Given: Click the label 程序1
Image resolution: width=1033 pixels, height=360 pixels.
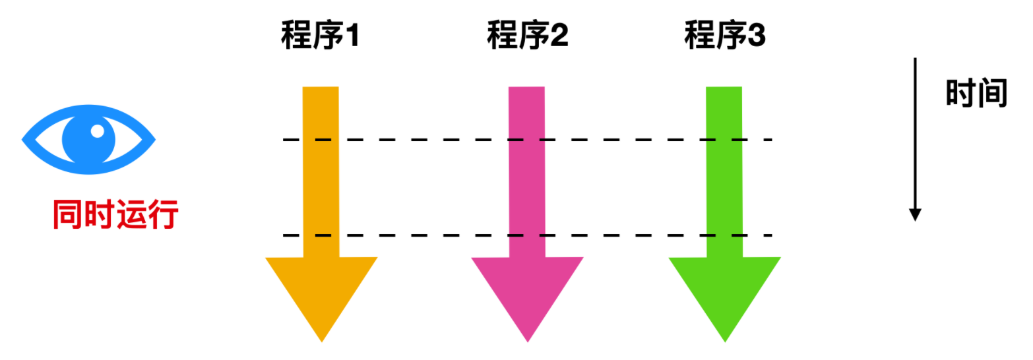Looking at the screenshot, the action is [320, 36].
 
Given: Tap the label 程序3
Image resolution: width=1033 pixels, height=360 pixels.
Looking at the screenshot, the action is [724, 36].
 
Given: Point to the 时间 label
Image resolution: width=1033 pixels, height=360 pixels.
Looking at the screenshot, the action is [977, 94].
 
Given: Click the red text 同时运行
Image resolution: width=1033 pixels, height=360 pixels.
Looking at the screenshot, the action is [115, 215].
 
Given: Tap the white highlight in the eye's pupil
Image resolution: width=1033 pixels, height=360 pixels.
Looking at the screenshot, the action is [98, 131].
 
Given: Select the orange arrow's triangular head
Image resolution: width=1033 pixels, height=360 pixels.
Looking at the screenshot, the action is [321, 290].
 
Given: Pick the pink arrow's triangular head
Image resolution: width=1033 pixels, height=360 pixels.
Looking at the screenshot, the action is [527, 290].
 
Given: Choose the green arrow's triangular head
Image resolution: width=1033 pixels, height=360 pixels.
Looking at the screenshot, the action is [724, 290].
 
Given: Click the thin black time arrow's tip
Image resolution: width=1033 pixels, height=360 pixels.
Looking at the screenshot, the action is [914, 216].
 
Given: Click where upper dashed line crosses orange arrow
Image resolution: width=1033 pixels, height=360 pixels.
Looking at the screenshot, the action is [321, 140].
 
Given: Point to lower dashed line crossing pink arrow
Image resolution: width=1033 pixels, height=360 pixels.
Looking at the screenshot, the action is [527, 235].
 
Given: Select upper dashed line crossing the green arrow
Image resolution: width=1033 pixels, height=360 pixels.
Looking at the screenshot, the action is [724, 140].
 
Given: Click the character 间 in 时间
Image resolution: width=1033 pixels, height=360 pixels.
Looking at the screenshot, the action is [993, 94].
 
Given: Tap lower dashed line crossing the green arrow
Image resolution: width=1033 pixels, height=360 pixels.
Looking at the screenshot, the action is [724, 235].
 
